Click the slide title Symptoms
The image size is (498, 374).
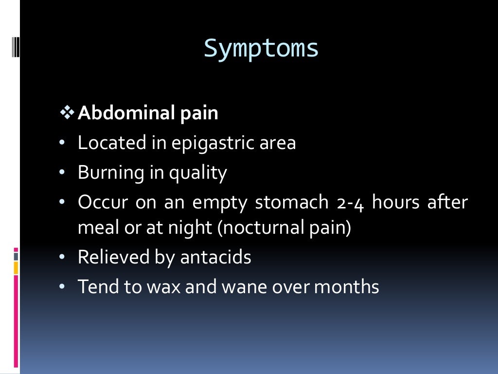point(261,49)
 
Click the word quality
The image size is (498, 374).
point(198,173)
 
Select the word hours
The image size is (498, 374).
point(395,202)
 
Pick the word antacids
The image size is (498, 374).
point(215,257)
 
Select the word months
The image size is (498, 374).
point(346,286)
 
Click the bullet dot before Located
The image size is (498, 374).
point(62,143)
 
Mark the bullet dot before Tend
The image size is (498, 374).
point(62,286)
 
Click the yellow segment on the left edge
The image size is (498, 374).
point(16,267)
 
